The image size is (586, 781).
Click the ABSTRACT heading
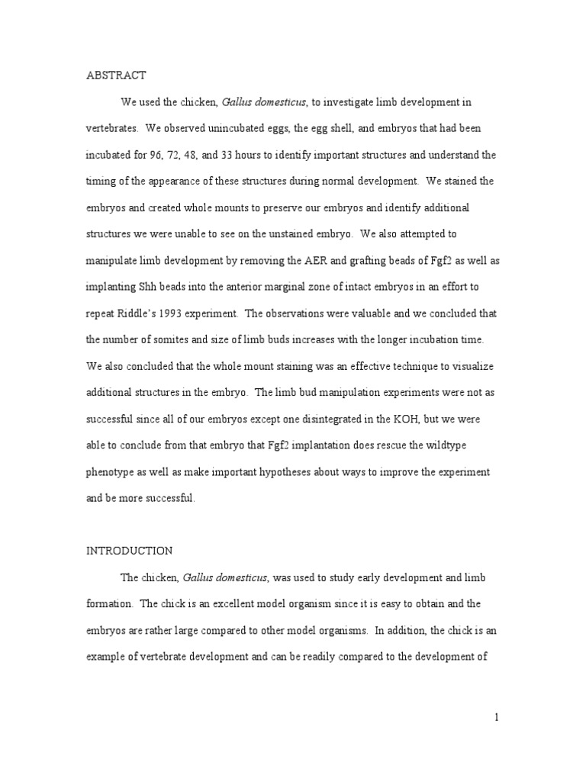click(x=115, y=75)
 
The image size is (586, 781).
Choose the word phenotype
click(x=111, y=472)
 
